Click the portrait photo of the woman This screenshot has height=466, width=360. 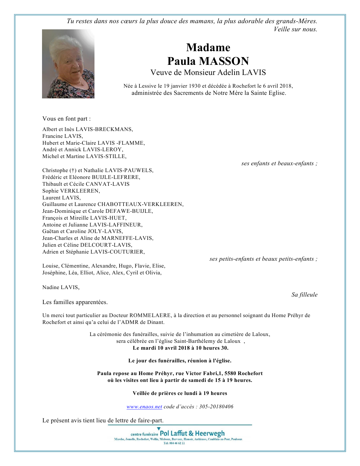68,64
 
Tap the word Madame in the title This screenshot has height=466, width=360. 208,48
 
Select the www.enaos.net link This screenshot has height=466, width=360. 144,407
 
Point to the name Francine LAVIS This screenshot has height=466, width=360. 62,136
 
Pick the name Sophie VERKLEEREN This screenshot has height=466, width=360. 71,191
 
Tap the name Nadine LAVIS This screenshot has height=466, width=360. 61,287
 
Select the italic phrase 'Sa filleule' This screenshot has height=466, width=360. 304,295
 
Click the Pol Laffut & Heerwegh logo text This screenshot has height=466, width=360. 192,433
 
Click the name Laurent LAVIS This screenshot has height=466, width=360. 61,198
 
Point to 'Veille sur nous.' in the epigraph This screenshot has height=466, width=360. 295,29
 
